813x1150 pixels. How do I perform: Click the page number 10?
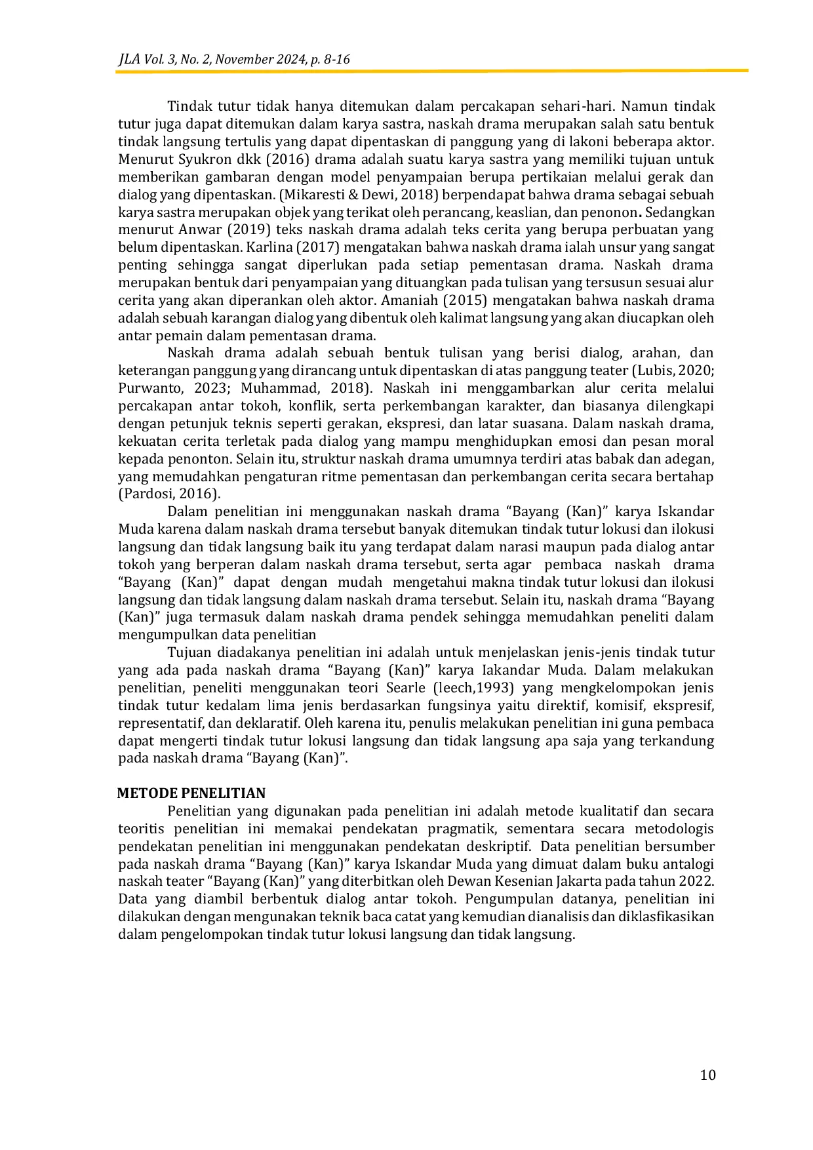click(707, 1075)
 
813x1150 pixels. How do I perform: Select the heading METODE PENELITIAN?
click(191, 793)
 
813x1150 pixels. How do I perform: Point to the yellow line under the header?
click(432, 71)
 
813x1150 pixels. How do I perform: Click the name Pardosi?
click(148, 494)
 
